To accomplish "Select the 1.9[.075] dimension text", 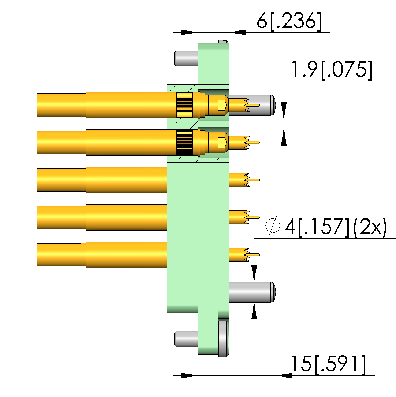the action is click(332, 70).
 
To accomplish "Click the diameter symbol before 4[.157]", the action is click(273, 225).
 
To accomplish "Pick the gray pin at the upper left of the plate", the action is click(186, 59).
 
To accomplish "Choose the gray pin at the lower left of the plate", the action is click(186, 339).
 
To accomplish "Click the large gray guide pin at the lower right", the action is click(252, 292).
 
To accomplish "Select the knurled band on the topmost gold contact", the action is click(184, 105).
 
